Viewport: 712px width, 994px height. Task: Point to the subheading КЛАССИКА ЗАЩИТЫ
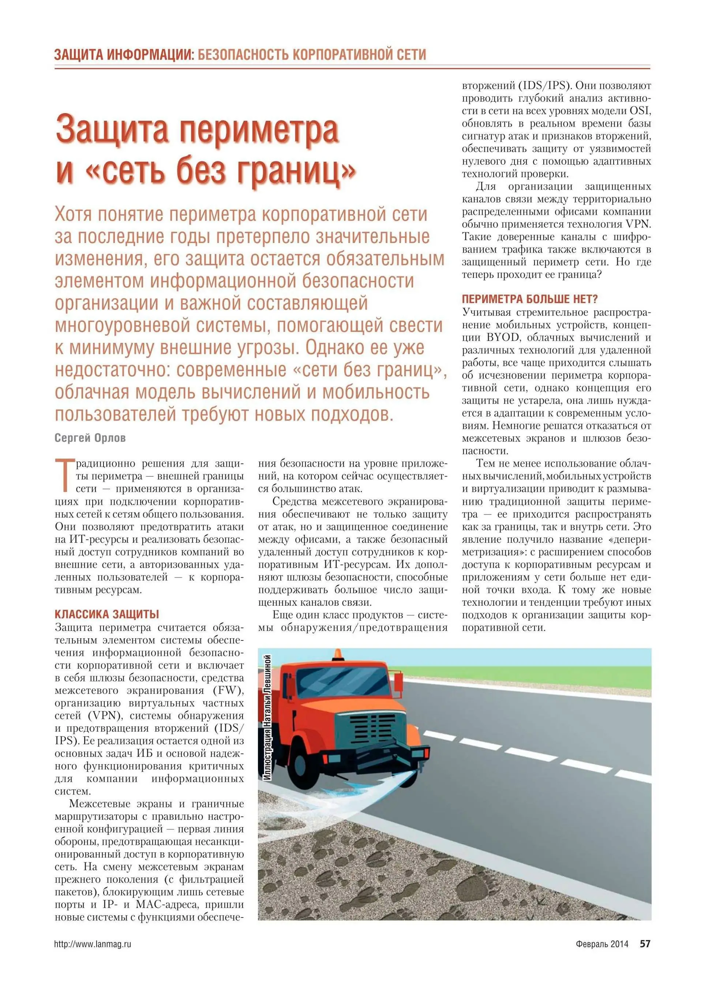coord(106,614)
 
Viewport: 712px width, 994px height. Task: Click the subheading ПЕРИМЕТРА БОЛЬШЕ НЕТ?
coord(530,299)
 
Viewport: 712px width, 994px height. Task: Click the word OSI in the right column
coord(640,111)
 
